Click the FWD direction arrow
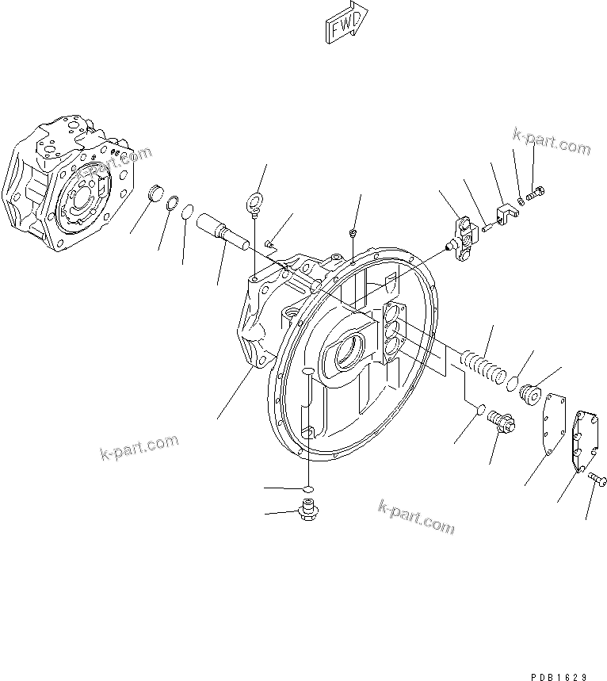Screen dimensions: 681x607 (x=346, y=21)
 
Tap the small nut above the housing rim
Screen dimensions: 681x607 (x=353, y=233)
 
